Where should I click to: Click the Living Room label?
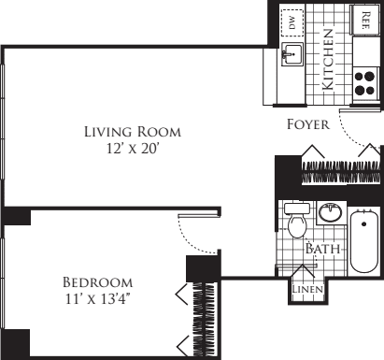pos(133,132)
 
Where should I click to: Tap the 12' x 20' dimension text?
pos(133,149)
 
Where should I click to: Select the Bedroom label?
pos(98,282)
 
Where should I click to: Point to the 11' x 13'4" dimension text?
pos(97,299)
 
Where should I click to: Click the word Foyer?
pos(308,124)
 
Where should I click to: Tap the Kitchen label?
pos(328,60)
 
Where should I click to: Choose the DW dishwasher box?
pos(292,22)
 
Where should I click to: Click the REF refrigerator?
pos(365,20)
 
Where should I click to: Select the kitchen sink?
pos(292,54)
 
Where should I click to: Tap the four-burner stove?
pos(365,83)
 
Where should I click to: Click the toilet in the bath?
pos(297,220)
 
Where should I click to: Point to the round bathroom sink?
pos(331,212)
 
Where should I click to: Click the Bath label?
pos(322,249)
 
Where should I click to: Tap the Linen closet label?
pos(307,289)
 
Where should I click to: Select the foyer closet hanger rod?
pos(341,172)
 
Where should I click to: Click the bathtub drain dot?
pos(364,223)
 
